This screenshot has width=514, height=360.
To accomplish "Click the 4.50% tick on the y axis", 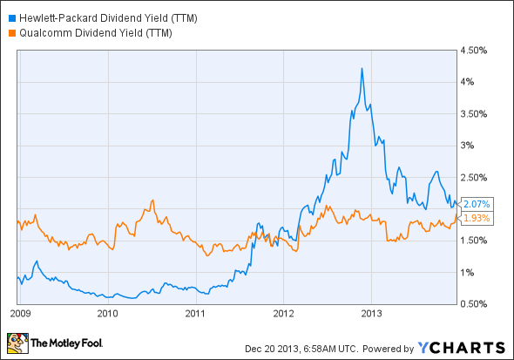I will click(x=476, y=51).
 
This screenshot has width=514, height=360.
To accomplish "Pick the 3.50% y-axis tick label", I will click(x=476, y=114).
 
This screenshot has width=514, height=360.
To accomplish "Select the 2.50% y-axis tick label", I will click(x=476, y=177).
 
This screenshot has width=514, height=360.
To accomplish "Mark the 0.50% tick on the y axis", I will click(x=476, y=303).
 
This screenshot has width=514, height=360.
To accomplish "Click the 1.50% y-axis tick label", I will click(x=476, y=241).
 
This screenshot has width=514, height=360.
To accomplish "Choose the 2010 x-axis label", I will click(x=107, y=312).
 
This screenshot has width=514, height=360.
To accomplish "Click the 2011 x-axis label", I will click(x=196, y=312).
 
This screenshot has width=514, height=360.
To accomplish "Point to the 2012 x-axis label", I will click(x=285, y=312).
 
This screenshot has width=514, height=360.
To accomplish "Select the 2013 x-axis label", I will click(x=374, y=312).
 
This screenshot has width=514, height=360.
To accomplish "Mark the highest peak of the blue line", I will click(x=361, y=69).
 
